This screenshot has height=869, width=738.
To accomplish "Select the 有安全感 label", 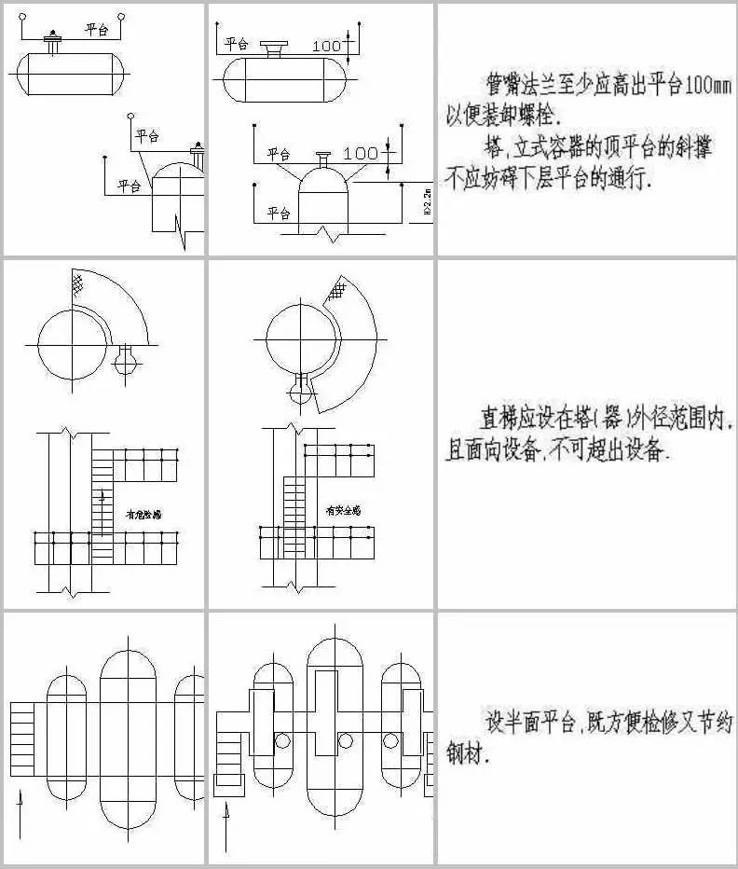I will (x=342, y=510).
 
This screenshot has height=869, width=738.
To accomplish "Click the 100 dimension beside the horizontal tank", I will (x=326, y=45).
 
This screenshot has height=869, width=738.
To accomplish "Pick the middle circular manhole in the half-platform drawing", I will (x=346, y=741).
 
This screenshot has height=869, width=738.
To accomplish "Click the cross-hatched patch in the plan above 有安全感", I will (x=333, y=293).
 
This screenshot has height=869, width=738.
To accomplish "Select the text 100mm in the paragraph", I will (x=712, y=88).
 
